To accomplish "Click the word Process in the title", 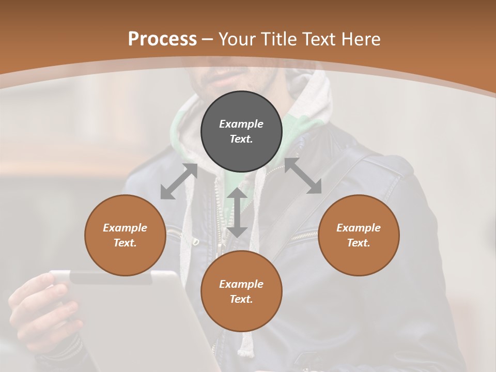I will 162,39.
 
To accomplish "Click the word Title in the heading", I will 278,39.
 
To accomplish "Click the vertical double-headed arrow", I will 237,212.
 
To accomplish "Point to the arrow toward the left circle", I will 179,181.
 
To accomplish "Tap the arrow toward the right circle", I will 303,176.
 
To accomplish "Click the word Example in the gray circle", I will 241,124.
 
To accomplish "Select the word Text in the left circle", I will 125,243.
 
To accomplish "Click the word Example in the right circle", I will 359,228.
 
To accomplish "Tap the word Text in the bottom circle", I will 241,299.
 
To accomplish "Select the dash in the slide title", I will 208,39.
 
